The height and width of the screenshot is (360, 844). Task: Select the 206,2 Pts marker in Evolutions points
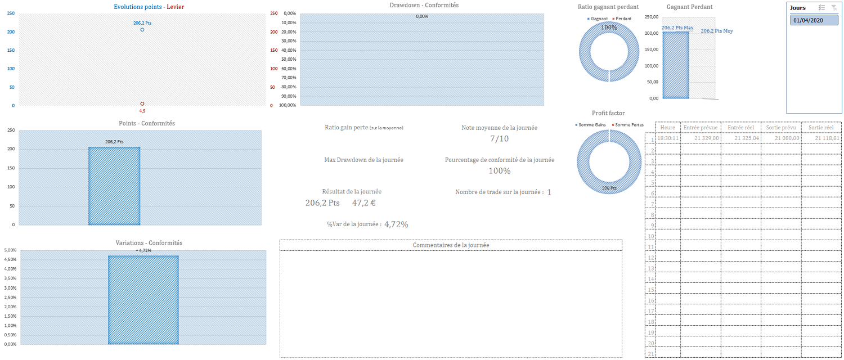142,29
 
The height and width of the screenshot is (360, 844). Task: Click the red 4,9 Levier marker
142,104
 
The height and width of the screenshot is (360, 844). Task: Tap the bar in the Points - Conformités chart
114,186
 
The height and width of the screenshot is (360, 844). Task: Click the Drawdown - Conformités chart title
424,6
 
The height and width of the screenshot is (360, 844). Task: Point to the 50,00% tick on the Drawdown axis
288,59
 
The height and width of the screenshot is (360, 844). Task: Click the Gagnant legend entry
599,19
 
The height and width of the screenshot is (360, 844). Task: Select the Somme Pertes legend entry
629,124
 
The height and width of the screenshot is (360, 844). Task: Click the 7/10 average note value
499,139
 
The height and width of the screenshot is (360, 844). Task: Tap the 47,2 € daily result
365,202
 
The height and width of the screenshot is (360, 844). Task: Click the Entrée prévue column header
700,128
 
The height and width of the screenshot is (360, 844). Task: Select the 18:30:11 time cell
668,138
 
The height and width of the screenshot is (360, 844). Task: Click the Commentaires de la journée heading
451,245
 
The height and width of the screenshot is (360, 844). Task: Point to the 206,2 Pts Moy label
717,31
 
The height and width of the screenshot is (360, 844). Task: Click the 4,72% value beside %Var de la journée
396,224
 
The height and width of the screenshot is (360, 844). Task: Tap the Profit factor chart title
608,113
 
